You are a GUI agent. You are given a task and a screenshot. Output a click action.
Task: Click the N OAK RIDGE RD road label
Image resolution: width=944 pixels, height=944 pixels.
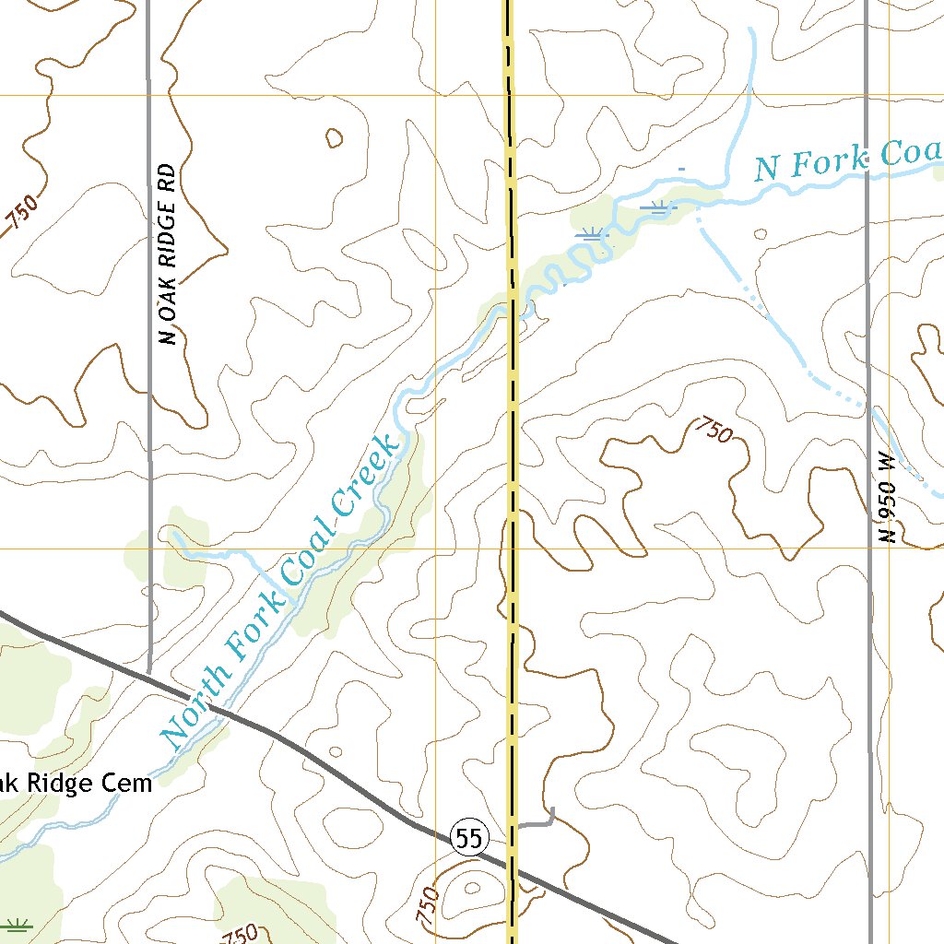tap(167, 254)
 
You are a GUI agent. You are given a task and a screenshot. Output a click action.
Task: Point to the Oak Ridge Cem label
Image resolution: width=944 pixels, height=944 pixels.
tap(74, 784)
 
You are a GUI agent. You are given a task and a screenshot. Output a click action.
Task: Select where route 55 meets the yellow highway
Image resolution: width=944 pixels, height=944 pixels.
tap(511, 870)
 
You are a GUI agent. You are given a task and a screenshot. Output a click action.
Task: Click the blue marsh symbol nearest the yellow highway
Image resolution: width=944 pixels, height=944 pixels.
tap(591, 236)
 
